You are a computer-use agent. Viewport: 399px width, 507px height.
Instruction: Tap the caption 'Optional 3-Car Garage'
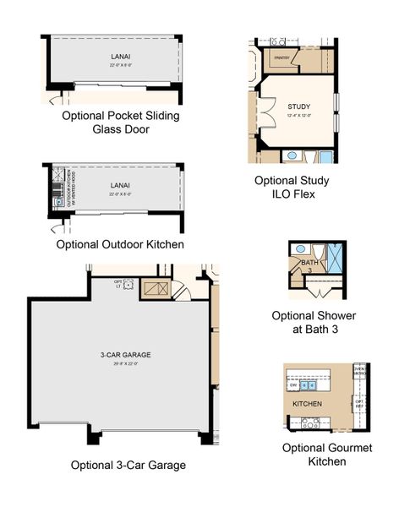coord(128,465)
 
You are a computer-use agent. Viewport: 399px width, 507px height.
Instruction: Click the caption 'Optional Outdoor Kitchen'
coord(120,244)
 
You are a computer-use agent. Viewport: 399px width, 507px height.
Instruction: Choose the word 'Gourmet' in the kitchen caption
coord(328,448)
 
